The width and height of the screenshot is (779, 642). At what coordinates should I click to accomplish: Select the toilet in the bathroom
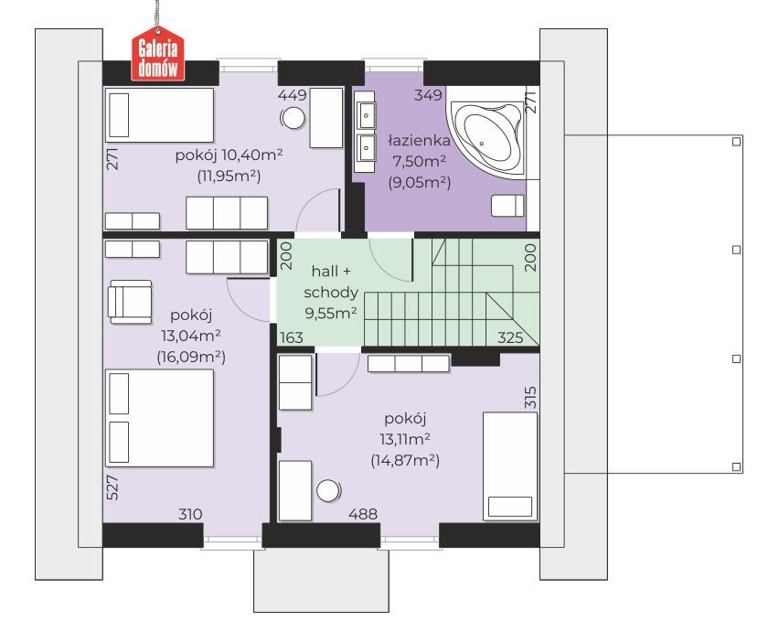click(507, 206)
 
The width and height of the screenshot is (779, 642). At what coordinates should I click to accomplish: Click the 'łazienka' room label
click(419, 141)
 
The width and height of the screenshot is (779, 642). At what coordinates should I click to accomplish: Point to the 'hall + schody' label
click(331, 282)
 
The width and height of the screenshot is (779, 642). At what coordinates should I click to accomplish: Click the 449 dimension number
click(293, 94)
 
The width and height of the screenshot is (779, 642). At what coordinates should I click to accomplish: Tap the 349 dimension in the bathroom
click(428, 94)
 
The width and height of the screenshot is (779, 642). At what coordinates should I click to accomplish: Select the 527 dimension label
click(112, 487)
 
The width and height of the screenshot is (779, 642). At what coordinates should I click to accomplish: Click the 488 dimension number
click(363, 514)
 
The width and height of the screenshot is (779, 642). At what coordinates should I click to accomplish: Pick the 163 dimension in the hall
click(291, 337)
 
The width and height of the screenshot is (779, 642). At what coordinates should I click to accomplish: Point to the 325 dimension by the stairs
click(510, 337)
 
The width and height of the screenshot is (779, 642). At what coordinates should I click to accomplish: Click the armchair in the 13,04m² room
click(130, 302)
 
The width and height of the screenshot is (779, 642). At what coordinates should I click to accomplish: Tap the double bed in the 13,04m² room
click(159, 418)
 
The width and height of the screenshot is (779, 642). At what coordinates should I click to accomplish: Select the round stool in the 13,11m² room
click(328, 491)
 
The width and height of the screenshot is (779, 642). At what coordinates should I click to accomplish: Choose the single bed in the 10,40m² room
click(159, 115)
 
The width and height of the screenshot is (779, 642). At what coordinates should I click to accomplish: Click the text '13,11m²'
click(405, 439)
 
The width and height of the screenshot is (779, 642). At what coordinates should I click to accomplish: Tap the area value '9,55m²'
click(331, 313)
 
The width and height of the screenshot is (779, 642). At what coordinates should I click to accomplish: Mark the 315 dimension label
click(530, 397)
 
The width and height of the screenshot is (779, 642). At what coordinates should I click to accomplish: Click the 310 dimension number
click(190, 514)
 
